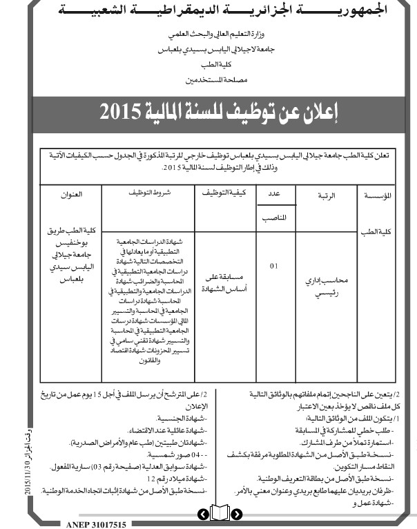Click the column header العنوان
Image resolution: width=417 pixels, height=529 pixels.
pyautogui.click(x=71, y=195)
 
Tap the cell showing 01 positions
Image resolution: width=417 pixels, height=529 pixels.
pyautogui.click(x=275, y=265)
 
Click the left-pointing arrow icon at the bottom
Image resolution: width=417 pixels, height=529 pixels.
pyautogui.click(x=202, y=514)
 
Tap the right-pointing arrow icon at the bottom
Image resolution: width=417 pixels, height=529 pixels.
pyautogui.click(x=237, y=514)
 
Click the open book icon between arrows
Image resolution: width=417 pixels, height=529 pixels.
pyautogui.click(x=220, y=514)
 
